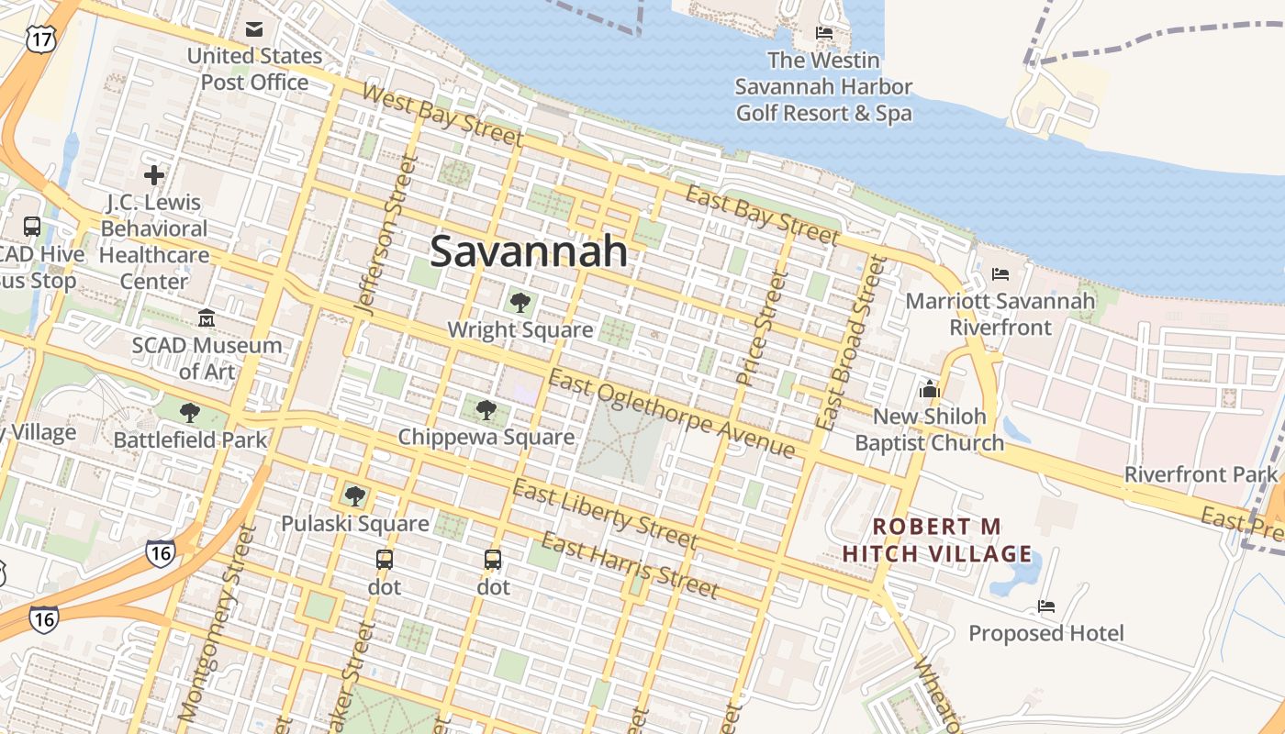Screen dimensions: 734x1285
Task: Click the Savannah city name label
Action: pyautogui.click(x=529, y=250)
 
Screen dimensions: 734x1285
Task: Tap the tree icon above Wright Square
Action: pyautogui.click(x=520, y=302)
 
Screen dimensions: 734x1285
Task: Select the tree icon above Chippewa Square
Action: pyautogui.click(x=486, y=409)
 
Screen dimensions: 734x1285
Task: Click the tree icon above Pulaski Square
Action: pyautogui.click(x=355, y=496)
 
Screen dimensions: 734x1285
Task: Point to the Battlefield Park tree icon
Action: pyautogui.click(x=190, y=413)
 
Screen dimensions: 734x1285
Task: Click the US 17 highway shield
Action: pyautogui.click(x=41, y=38)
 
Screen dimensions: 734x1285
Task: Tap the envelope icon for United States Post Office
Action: pyautogui.click(x=254, y=29)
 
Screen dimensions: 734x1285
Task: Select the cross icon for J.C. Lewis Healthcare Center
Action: pyautogui.click(x=154, y=174)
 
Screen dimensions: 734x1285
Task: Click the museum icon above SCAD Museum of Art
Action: pyautogui.click(x=207, y=318)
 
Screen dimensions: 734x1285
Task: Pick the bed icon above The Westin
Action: pyautogui.click(x=824, y=34)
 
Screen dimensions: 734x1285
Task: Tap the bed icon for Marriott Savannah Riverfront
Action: pyautogui.click(x=1000, y=274)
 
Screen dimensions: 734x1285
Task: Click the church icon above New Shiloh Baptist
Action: pyautogui.click(x=930, y=389)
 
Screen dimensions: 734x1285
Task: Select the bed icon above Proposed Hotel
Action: pyautogui.click(x=1045, y=606)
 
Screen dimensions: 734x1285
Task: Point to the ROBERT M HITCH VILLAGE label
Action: pyautogui.click(x=937, y=540)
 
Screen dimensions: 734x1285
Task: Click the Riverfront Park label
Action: pyautogui.click(x=1201, y=474)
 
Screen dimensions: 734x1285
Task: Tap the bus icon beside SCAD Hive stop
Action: pyautogui.click(x=32, y=226)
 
